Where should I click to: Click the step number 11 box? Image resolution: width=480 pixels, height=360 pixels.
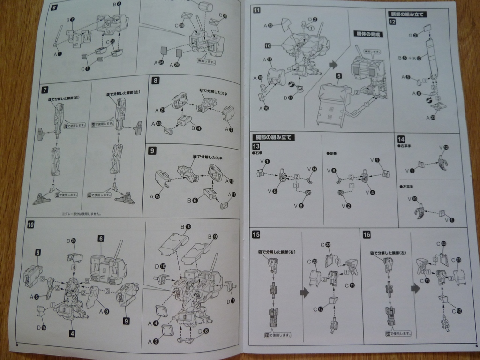pyautogui.click(x=257, y=11)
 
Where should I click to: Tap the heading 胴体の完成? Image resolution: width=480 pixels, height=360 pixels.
pyautogui.click(x=368, y=34)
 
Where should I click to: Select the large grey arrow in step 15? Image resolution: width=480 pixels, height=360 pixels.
pyautogui.click(x=305, y=292)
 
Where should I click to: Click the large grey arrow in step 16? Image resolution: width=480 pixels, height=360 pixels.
pyautogui.click(x=415, y=288)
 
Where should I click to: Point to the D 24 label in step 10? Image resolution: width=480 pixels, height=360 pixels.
pyautogui.click(x=71, y=241)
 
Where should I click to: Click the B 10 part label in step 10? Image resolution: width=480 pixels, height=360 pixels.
pyautogui.click(x=185, y=227)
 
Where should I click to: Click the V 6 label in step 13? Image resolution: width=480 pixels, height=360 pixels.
pyautogui.click(x=299, y=205)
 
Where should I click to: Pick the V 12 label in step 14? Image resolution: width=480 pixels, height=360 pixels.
pyautogui.click(x=443, y=147)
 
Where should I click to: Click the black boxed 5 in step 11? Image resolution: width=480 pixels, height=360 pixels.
pyautogui.click(x=338, y=75)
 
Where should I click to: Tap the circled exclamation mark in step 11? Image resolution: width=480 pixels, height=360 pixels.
pyautogui.click(x=311, y=28)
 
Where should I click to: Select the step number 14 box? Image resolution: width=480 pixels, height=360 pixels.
pyautogui.click(x=401, y=139)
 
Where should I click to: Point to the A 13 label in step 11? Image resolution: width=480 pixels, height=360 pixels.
pyautogui.click(x=268, y=25)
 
